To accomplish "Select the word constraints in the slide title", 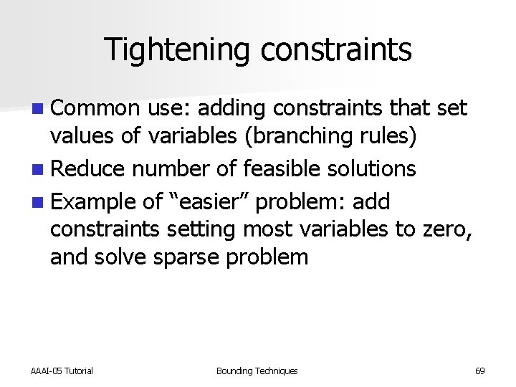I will pos(336,50).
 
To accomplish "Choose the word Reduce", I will pos(91,169).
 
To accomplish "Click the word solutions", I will pos(375,169).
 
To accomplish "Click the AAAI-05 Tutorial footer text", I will pos(62,371).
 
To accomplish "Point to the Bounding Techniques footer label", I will pos(257,371).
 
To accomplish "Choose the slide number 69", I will pos(479,371).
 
